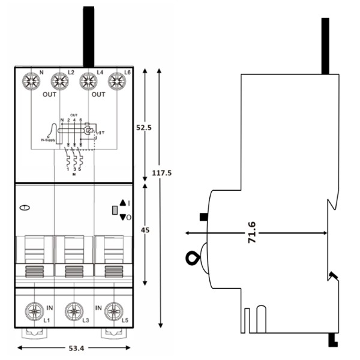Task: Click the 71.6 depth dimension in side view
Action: pos(251,232)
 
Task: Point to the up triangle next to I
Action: pos(122,203)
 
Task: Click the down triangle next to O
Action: pos(122,217)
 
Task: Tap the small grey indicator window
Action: pos(115,210)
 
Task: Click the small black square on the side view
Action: pos(204,217)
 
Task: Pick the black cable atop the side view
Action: pos(325,46)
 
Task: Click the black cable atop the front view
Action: pos(88,36)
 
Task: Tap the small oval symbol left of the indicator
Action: pos(24,208)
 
